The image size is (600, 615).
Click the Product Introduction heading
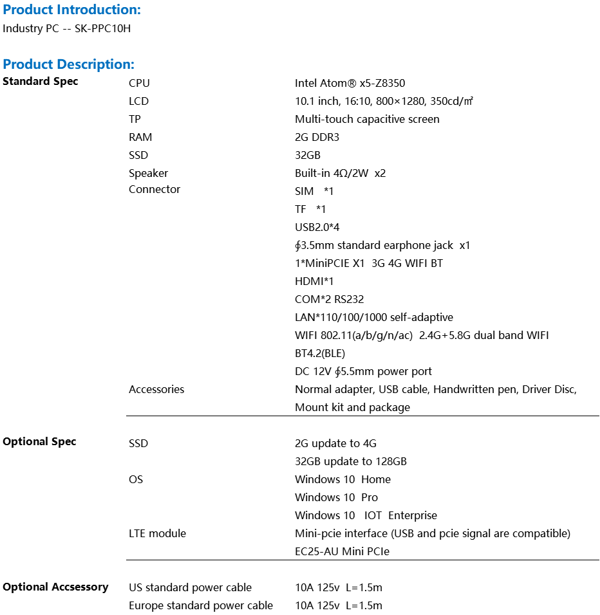click(x=71, y=10)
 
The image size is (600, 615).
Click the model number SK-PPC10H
click(x=102, y=28)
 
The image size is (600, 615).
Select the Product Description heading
click(x=69, y=64)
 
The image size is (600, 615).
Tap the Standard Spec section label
click(x=41, y=81)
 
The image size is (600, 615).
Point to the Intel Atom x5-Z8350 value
click(x=350, y=83)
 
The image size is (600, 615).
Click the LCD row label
click(x=138, y=101)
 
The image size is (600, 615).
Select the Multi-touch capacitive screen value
click(x=367, y=119)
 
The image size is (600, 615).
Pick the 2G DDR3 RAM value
click(x=317, y=137)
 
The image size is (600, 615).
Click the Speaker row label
click(x=148, y=173)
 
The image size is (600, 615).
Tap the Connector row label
click(x=155, y=189)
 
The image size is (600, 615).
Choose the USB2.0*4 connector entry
click(x=317, y=227)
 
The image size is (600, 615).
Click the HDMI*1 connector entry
click(x=314, y=281)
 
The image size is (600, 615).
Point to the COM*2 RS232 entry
click(x=329, y=299)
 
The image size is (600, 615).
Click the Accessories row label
click(x=156, y=389)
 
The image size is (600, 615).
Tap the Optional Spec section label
click(x=39, y=441)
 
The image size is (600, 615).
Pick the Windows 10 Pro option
click(x=336, y=497)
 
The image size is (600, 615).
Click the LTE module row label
click(x=157, y=533)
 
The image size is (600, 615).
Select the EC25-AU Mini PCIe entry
click(x=342, y=551)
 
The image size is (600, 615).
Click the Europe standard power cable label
click(x=201, y=605)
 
